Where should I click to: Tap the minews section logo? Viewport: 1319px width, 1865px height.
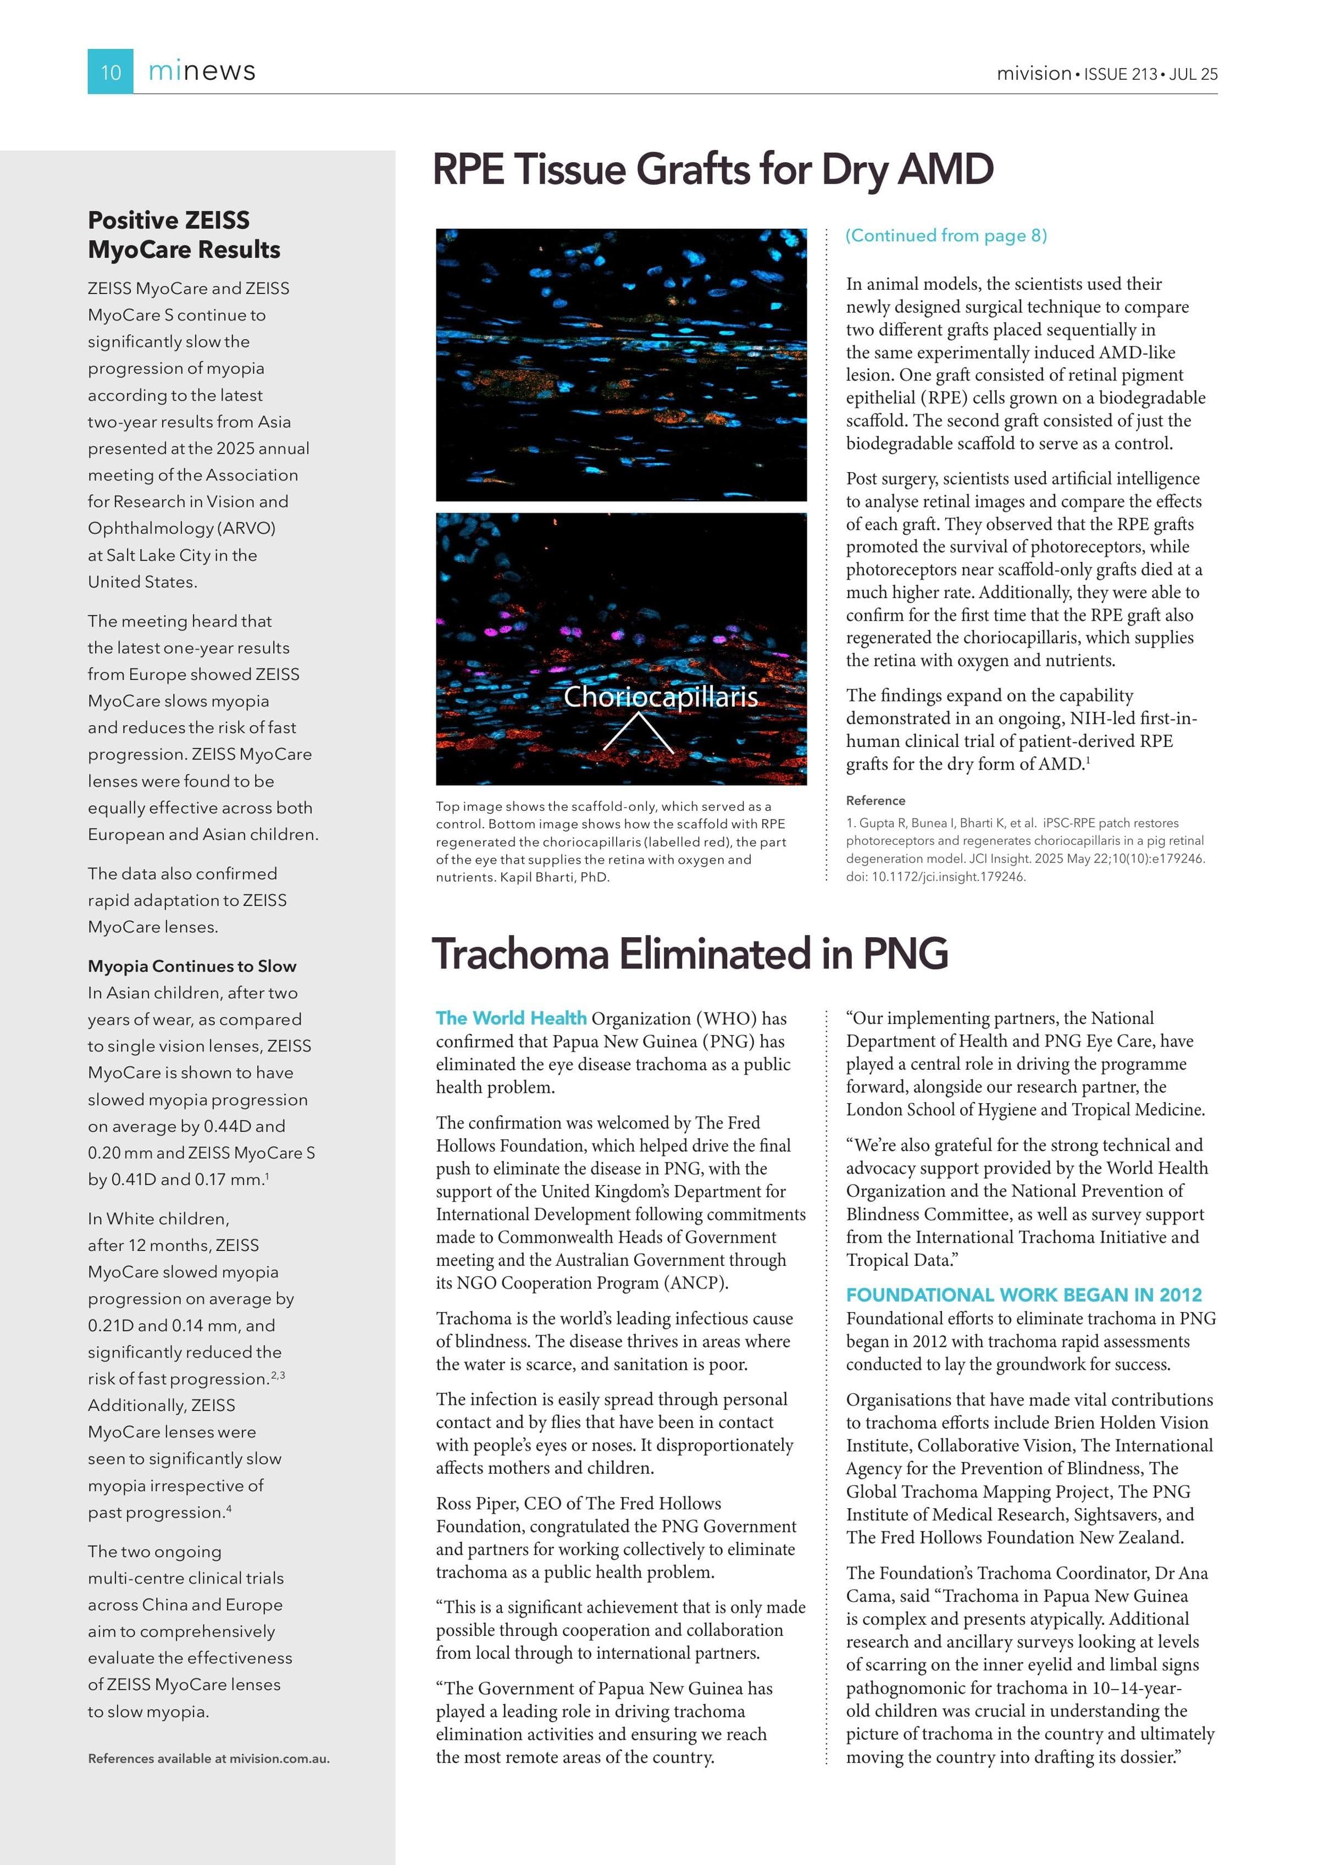pos(202,71)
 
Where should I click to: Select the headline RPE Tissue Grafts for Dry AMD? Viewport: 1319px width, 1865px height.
pos(712,170)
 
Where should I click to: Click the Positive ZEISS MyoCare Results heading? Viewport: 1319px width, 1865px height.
pos(184,234)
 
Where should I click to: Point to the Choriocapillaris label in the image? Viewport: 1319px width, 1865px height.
pos(660,696)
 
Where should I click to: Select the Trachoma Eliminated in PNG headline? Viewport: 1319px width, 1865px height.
pos(690,954)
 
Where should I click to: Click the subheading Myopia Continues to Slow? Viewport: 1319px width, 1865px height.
pos(192,966)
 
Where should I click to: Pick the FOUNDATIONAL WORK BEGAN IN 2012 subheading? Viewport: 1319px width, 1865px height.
pos(1023,1295)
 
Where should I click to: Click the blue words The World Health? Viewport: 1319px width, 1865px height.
pos(511,1018)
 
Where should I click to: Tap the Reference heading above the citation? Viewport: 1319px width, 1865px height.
pos(875,800)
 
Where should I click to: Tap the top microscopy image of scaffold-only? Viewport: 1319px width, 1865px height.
pos(622,365)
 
